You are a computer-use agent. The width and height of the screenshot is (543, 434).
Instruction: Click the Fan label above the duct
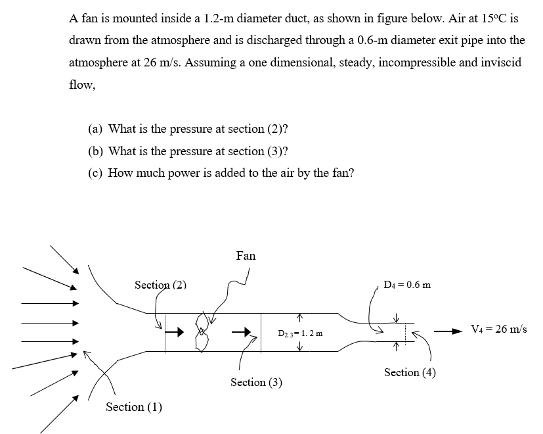point(246,256)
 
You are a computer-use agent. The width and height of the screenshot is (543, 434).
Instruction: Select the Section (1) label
point(134,407)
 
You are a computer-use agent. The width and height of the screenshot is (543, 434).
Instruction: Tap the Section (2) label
point(160,285)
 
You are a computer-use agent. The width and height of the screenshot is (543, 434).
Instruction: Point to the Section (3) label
point(256,382)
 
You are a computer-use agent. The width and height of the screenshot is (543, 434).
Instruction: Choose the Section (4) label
point(410,372)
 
